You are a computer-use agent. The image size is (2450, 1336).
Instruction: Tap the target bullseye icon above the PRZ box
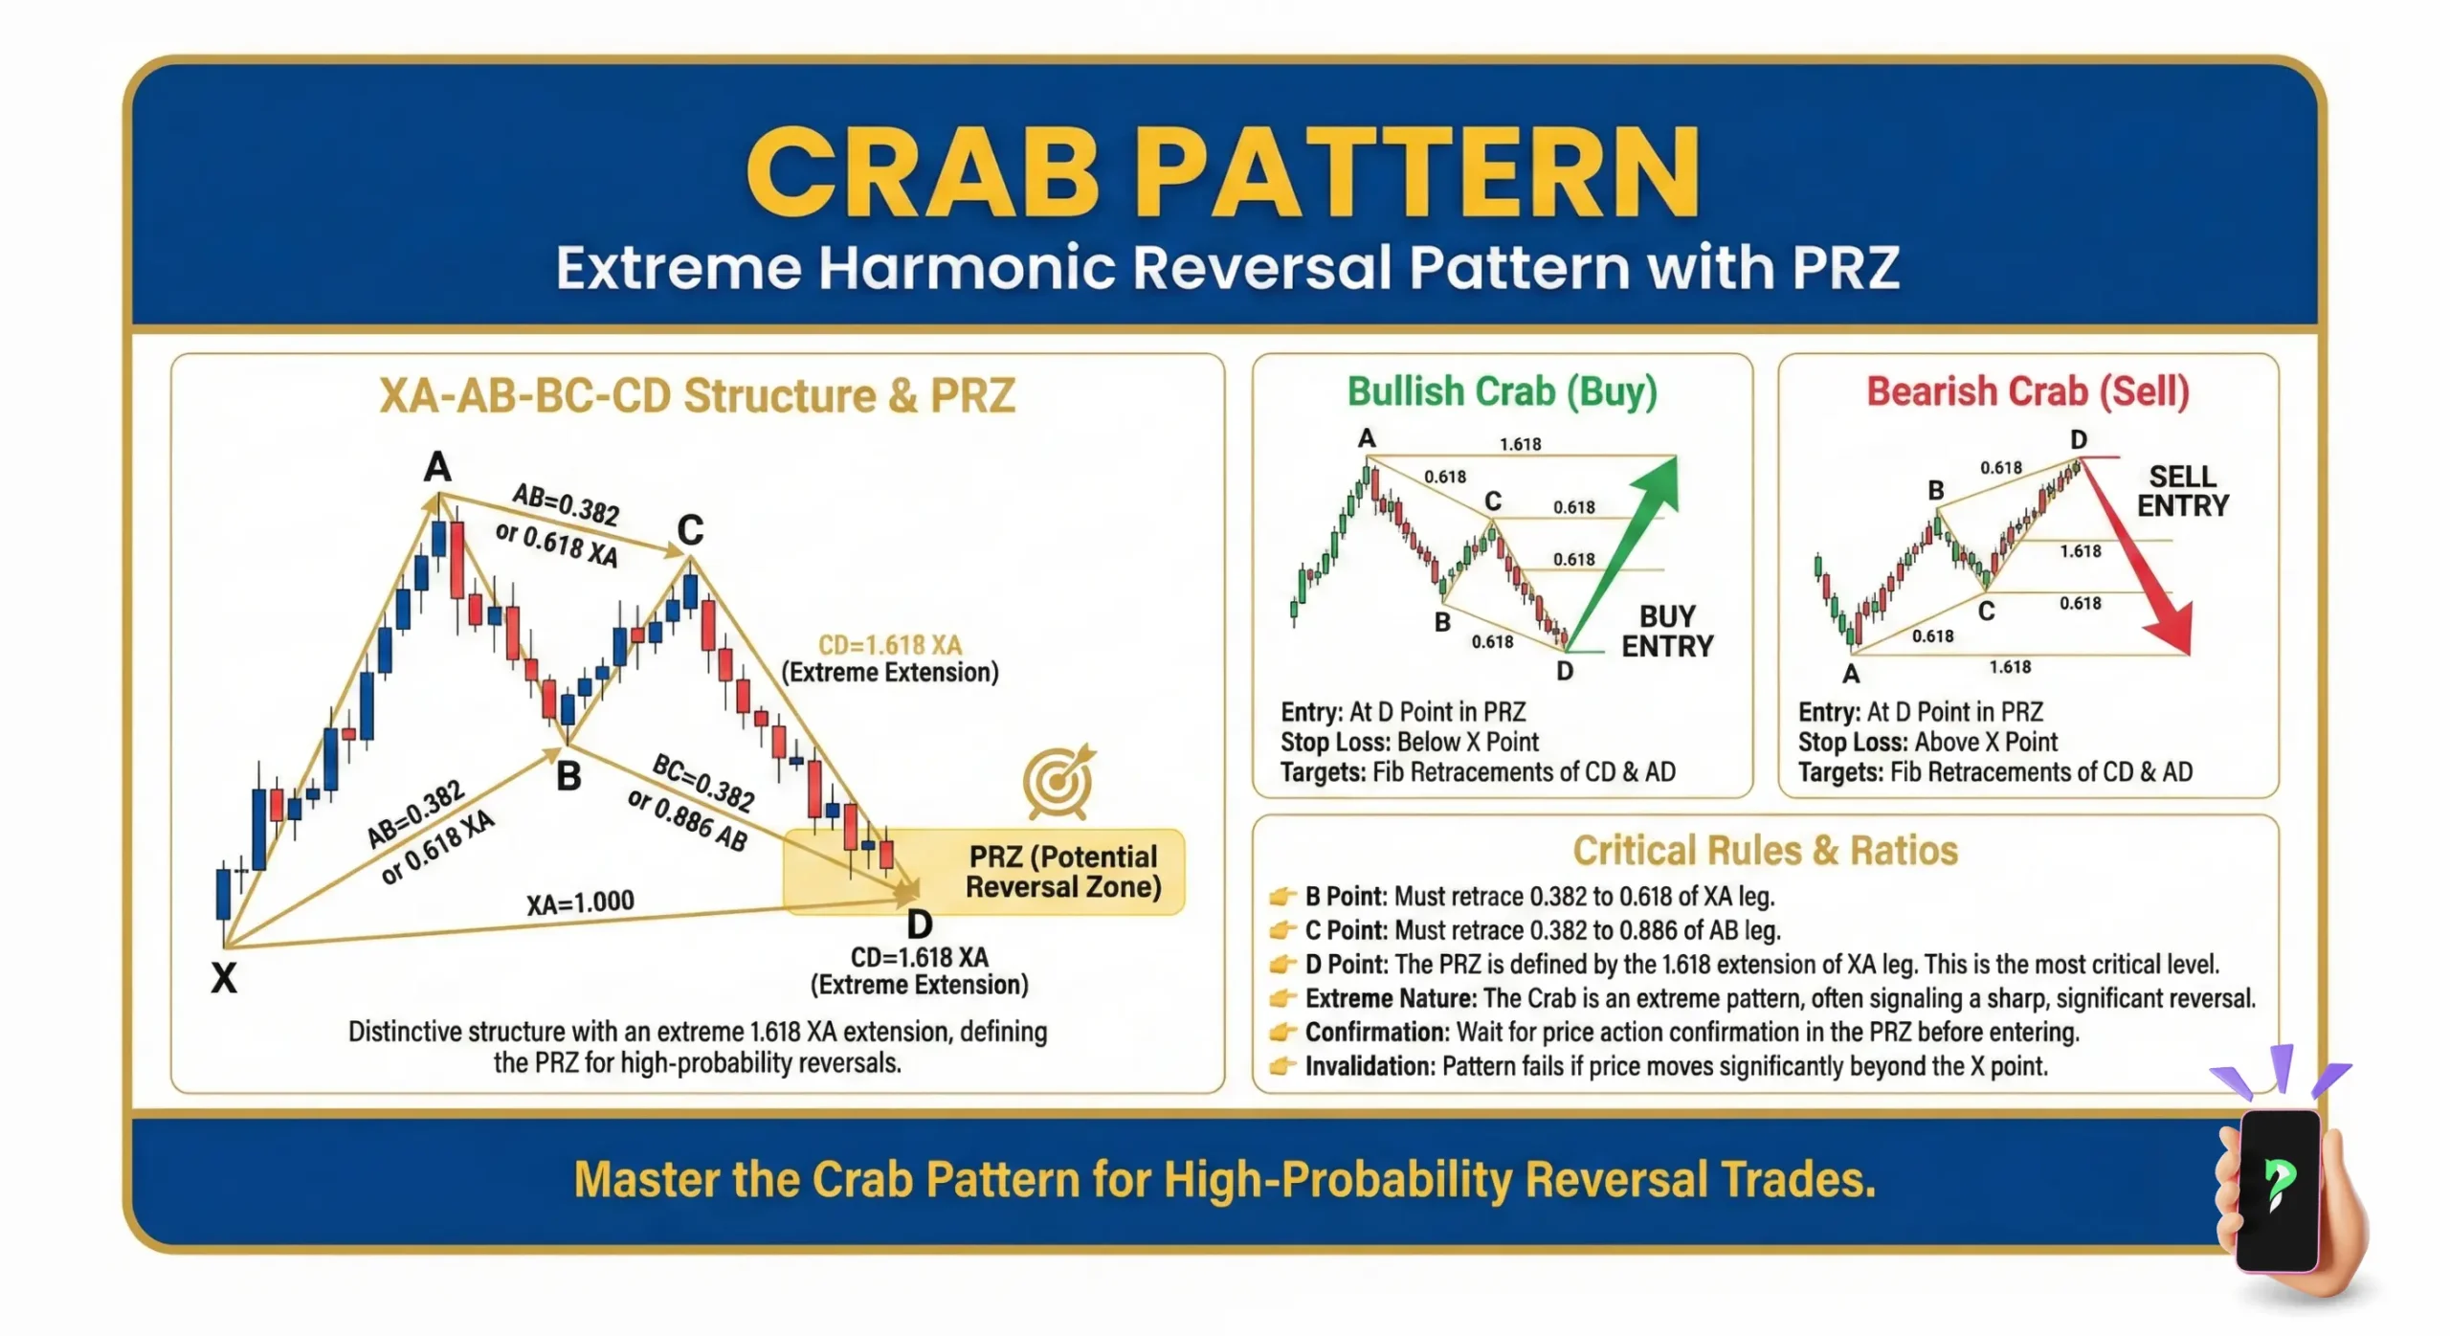pos(1058,782)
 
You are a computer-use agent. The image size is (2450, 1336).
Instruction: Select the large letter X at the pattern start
pos(224,977)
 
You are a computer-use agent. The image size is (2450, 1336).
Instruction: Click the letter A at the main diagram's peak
pos(437,467)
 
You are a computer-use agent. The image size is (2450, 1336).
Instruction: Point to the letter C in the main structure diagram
pos(690,529)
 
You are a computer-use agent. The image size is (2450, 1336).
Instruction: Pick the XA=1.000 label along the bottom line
pos(580,902)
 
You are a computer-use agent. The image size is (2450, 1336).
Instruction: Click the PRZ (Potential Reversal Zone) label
pos(1062,871)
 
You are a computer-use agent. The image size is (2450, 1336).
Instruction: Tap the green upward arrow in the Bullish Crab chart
pos(1627,546)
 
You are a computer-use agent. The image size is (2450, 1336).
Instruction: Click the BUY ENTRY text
pos(1666,631)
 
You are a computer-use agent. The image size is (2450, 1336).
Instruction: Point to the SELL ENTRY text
pos(2182,491)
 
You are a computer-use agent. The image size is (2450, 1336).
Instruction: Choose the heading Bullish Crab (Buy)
pos(1502,391)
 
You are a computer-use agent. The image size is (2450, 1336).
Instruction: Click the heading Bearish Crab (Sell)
pos(2027,391)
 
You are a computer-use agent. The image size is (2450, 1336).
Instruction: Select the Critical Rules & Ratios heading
pos(1765,850)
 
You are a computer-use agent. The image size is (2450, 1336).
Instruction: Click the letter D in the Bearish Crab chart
pos(2078,439)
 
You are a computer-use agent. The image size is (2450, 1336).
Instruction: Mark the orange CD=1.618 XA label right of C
pos(889,645)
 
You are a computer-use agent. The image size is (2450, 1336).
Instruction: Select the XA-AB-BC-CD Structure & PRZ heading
pos(697,395)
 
